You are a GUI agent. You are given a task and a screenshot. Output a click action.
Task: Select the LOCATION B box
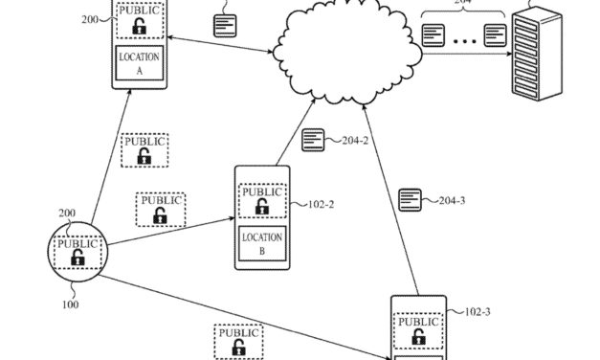tap(261, 244)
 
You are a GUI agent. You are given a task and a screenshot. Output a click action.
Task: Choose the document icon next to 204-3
tap(411, 199)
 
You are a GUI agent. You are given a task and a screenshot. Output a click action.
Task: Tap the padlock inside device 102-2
tap(261, 210)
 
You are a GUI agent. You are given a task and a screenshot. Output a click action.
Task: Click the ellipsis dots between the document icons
tap(464, 38)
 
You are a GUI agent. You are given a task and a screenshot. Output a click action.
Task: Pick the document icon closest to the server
tap(494, 36)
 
